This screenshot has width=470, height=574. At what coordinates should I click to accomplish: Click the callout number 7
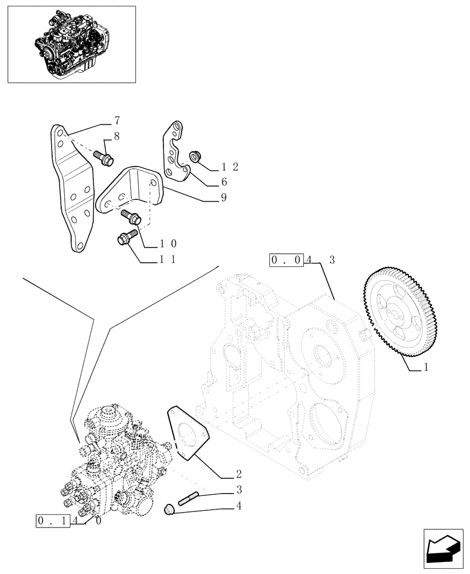117,121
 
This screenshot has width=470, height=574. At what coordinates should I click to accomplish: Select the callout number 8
117,137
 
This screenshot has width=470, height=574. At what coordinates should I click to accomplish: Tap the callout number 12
230,167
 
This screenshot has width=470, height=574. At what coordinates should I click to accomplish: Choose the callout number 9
224,198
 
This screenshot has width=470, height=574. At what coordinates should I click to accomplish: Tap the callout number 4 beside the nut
238,506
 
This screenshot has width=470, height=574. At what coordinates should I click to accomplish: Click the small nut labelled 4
169,508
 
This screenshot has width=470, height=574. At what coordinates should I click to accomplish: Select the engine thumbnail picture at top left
72,44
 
